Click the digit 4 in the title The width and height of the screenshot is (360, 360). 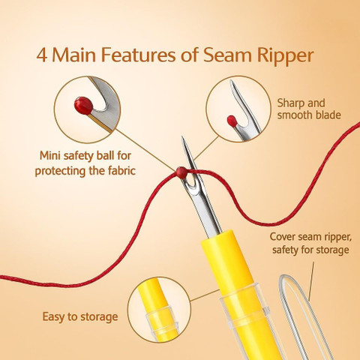click(x=42, y=55)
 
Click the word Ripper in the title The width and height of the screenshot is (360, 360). click(x=285, y=56)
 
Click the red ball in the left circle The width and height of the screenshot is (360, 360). click(x=83, y=106)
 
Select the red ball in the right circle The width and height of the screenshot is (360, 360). click(x=232, y=121)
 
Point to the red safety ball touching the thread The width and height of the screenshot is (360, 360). click(x=181, y=172)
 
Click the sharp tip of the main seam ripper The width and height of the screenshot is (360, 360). click(x=182, y=137)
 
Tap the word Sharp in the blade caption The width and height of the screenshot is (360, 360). click(x=289, y=103)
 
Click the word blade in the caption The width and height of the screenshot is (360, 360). click(x=328, y=115)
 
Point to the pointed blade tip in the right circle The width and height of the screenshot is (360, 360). click(x=231, y=82)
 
